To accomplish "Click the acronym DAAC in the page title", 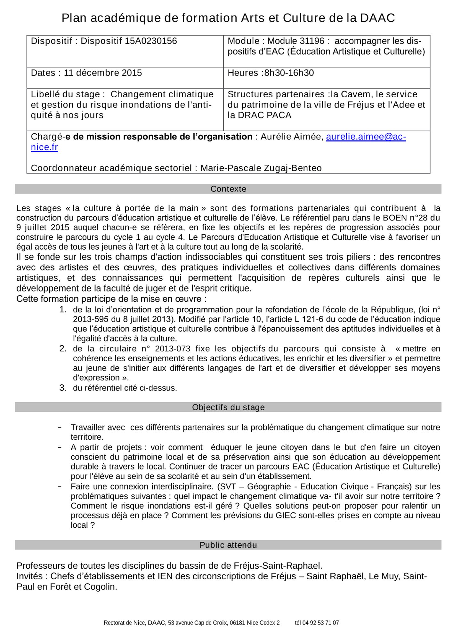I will coord(377,18).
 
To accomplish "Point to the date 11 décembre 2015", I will coord(103,73).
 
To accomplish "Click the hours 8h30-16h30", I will coord(289,73).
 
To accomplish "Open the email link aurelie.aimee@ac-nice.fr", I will coord(366,137).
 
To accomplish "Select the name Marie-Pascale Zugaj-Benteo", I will coord(261,168).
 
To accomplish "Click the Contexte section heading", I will coord(228,189).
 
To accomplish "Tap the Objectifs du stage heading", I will coord(228,407).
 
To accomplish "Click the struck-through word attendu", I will coord(242,545).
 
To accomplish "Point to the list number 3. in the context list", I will coord(63,388).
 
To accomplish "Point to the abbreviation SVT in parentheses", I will coord(228,487).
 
